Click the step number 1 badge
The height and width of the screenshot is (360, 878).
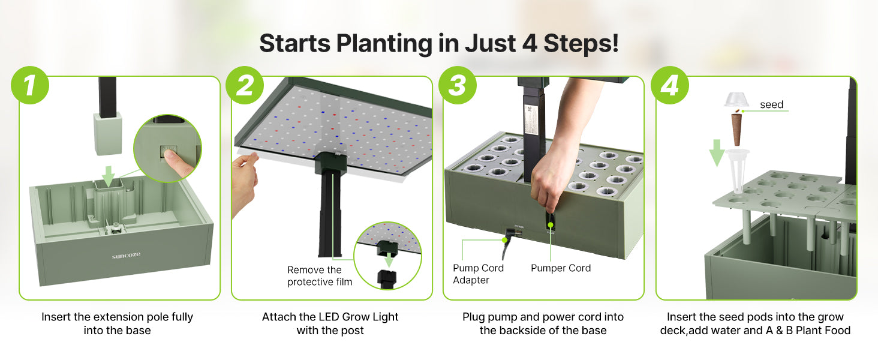tap(30, 85)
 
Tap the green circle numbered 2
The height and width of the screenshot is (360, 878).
tap(245, 85)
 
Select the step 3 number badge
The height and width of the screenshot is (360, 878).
tap(458, 85)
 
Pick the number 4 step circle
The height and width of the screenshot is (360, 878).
tap(670, 85)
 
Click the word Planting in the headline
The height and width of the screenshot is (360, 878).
tap(384, 44)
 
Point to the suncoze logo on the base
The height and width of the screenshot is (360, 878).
tap(126, 256)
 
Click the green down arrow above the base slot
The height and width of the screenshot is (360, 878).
tap(108, 176)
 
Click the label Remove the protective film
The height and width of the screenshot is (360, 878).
tap(320, 275)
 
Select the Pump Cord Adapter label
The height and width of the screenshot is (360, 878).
tap(478, 274)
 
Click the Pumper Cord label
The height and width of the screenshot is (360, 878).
tap(561, 268)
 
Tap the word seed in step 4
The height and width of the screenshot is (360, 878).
tap(771, 105)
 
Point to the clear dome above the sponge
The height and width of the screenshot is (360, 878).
tap(736, 99)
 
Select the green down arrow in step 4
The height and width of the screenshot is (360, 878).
tap(717, 153)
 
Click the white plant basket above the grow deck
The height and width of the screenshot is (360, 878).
tap(737, 170)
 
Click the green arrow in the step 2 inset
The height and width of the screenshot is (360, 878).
tap(389, 260)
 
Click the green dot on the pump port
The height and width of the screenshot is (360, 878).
tap(551, 225)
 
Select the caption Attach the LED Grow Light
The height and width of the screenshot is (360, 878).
tap(330, 317)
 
